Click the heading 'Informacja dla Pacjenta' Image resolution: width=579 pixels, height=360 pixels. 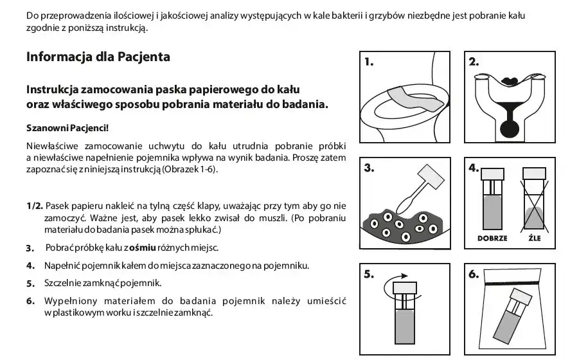tap(98, 57)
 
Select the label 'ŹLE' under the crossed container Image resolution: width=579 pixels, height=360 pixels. tap(534, 238)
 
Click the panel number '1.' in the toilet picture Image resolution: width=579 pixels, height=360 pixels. tap(369, 63)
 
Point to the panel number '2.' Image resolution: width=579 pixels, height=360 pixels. tap(474, 62)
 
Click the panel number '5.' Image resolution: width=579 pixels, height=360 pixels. tap(369, 274)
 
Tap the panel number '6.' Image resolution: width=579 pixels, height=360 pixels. tap(474, 274)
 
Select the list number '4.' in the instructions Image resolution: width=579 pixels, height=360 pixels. tap(30, 265)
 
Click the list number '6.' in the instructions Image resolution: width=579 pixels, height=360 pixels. tap(30, 301)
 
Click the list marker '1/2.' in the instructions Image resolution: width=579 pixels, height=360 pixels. tap(35, 206)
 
